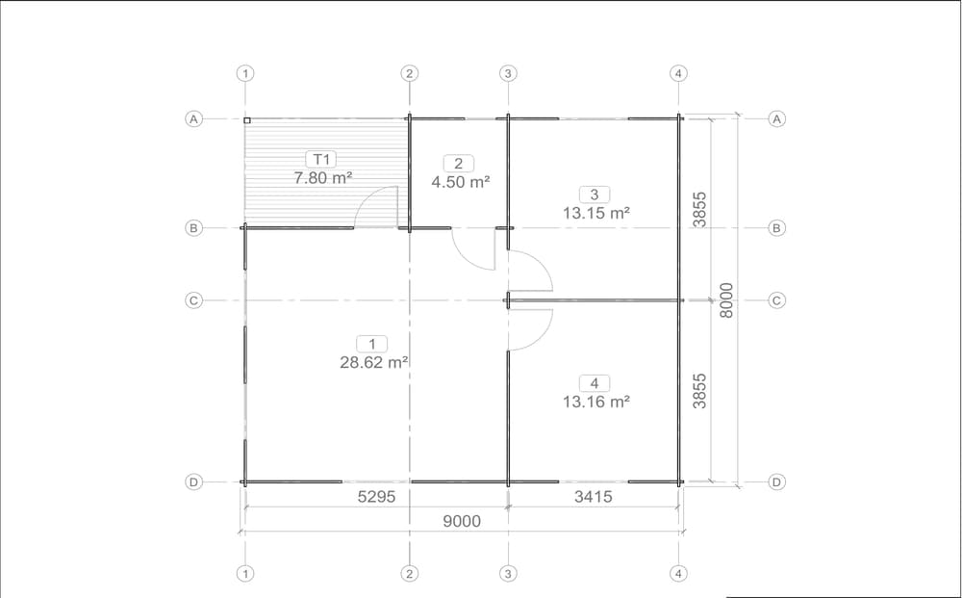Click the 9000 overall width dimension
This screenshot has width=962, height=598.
[x=462, y=521]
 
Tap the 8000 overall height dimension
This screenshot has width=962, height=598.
[x=725, y=300]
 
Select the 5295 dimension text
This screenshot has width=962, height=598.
[x=377, y=497]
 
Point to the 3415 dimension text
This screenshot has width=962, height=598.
[x=594, y=497]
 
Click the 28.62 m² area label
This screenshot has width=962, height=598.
[x=374, y=362]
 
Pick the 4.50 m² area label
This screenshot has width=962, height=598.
[x=460, y=182]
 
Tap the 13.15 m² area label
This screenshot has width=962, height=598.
[x=596, y=213]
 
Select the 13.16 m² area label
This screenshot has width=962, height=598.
[x=596, y=402]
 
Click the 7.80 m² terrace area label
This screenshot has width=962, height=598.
[x=322, y=178]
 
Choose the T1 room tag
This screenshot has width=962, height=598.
[x=321, y=160]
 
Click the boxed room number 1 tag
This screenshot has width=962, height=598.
[x=371, y=344]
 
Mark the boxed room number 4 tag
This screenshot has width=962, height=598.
[x=594, y=383]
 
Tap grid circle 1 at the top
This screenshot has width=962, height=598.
[x=245, y=74]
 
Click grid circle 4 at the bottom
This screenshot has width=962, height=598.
[x=678, y=573]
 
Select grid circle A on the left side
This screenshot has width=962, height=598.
[x=194, y=118]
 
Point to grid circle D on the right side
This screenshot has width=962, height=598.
[x=776, y=481]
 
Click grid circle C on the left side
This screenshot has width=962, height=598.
[x=194, y=300]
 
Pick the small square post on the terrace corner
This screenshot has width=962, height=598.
[x=246, y=121]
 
